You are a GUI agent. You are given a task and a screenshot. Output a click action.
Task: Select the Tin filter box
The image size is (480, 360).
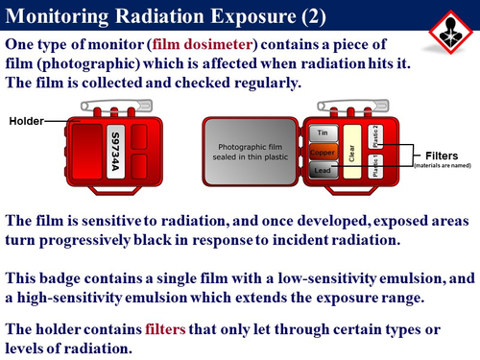tap(322, 132)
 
